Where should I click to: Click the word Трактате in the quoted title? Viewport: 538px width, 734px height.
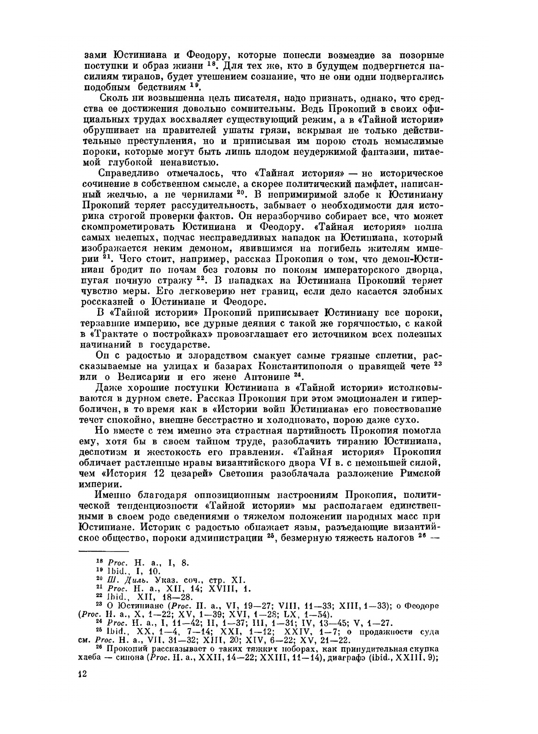[x=124, y=333]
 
